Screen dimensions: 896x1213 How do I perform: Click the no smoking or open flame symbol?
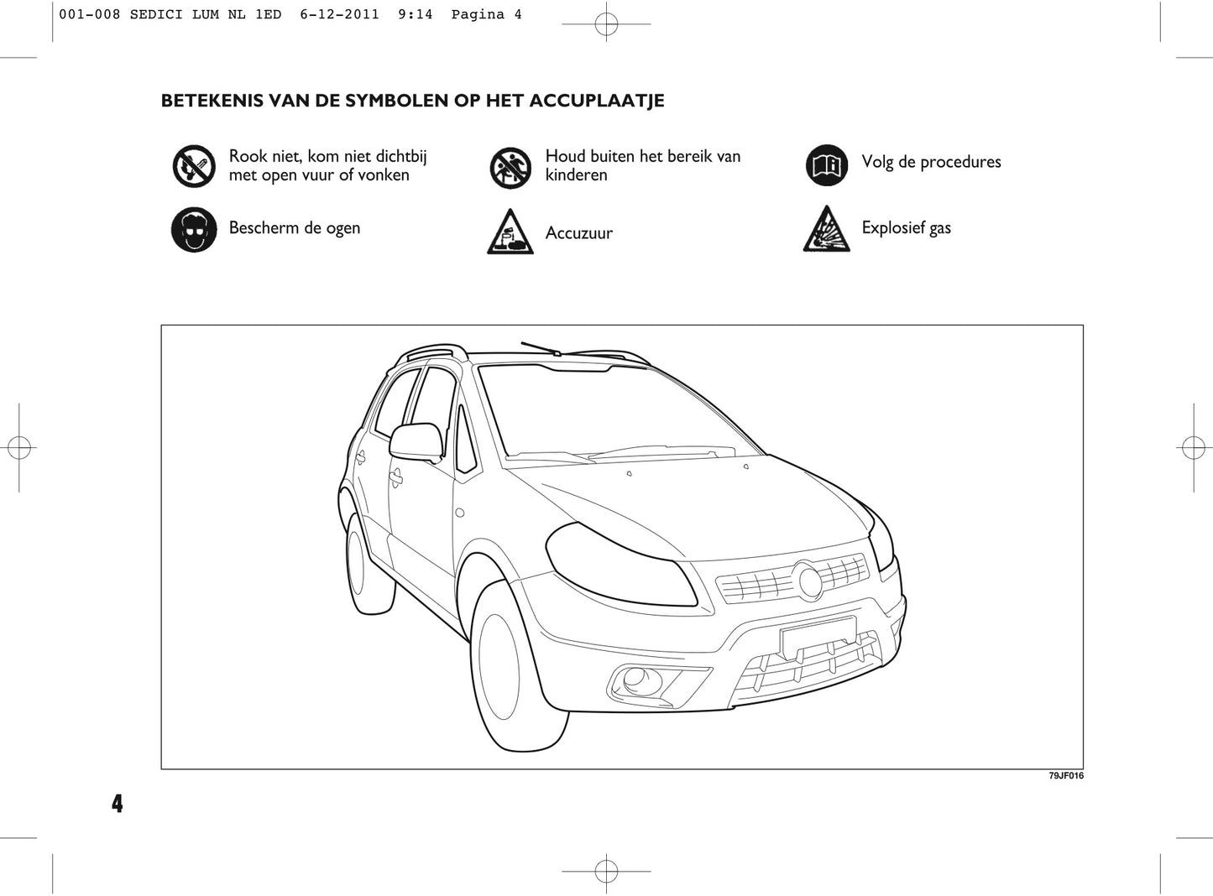(194, 166)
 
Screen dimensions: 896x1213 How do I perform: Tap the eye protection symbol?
(194, 230)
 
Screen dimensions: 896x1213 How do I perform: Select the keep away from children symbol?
(510, 166)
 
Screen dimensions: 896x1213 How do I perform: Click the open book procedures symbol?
(827, 165)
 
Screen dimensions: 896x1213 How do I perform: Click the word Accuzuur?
(579, 233)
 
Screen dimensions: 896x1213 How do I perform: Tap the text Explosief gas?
(907, 228)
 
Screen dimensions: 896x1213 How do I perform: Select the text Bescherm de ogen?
(295, 228)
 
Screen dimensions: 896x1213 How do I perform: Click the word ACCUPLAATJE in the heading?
(594, 101)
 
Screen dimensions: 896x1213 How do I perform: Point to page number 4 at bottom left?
(117, 804)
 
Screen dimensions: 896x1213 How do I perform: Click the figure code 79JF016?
(1066, 776)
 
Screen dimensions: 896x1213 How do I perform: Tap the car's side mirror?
(416, 442)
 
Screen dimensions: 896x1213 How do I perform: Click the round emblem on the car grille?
(810, 581)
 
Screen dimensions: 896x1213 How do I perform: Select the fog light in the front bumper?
(635, 679)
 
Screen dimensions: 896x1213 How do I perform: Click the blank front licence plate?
(818, 637)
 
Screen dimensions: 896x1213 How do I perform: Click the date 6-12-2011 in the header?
(339, 14)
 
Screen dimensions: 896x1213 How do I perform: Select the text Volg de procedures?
(931, 162)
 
